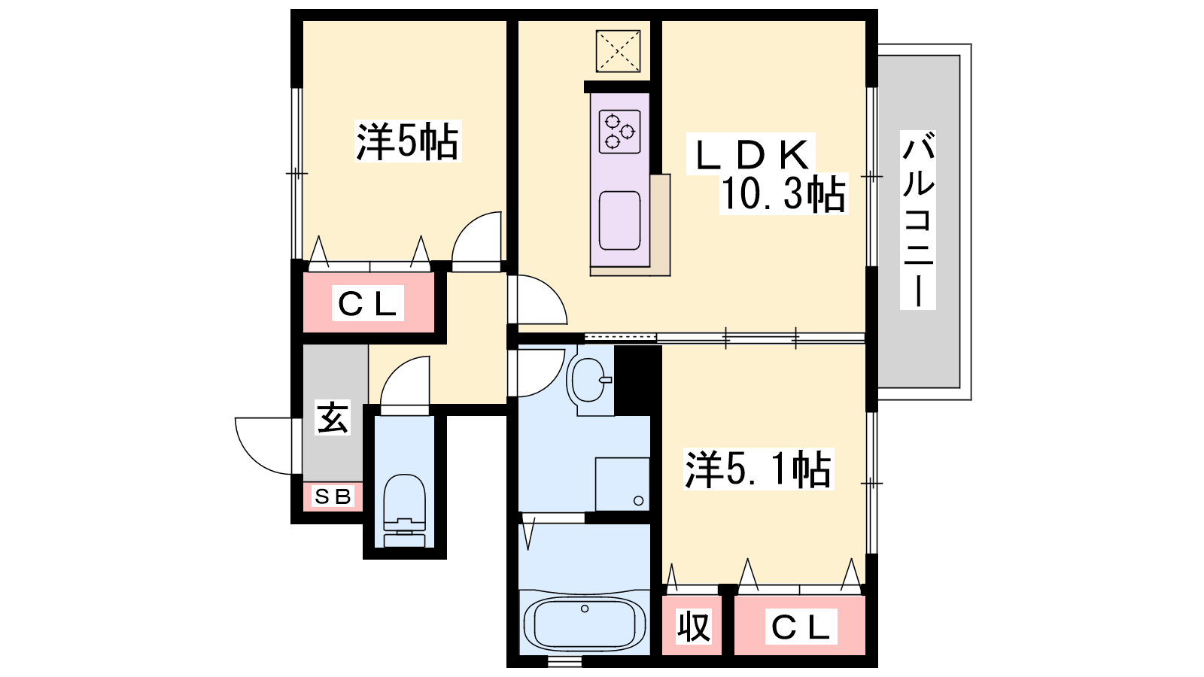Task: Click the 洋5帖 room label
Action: click(x=407, y=141)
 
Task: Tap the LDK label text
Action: click(x=751, y=155)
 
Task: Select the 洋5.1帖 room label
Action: click(x=758, y=469)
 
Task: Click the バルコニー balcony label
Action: click(x=918, y=220)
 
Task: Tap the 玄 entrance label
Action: click(x=332, y=417)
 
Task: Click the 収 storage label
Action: click(x=693, y=626)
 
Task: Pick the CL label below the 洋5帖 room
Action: click(x=368, y=304)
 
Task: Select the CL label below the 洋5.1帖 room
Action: click(x=801, y=627)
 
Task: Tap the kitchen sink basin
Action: click(x=620, y=220)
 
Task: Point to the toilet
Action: click(x=405, y=509)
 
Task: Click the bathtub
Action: click(x=584, y=624)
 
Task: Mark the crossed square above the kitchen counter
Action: click(x=618, y=51)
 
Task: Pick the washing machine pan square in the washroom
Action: click(x=622, y=484)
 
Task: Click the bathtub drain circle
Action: click(x=585, y=609)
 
